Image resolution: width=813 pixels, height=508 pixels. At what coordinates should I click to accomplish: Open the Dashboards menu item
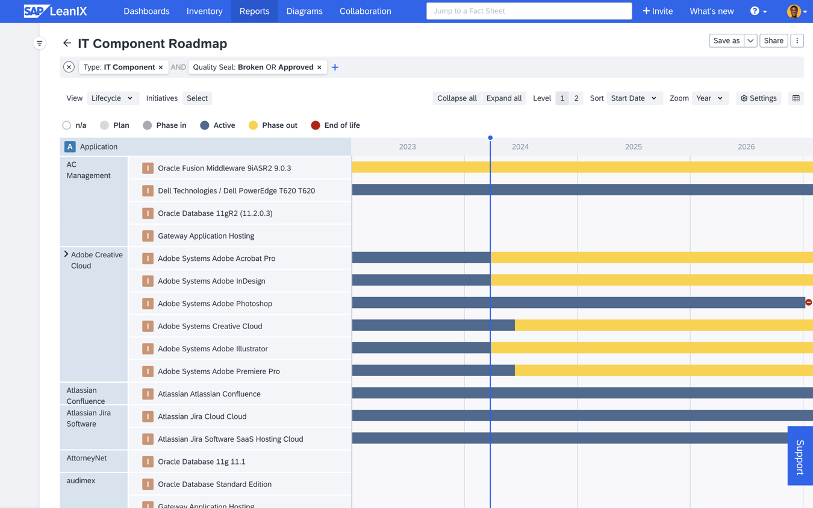point(146,11)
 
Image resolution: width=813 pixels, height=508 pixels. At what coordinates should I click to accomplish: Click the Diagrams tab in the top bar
point(304,11)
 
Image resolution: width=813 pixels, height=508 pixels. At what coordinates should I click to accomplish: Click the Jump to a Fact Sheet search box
point(529,11)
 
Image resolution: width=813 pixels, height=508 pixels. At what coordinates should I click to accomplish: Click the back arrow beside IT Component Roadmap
point(67,43)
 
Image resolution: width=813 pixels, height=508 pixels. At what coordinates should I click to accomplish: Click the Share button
point(773,40)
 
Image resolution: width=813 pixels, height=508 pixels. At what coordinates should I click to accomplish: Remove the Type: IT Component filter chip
point(161,67)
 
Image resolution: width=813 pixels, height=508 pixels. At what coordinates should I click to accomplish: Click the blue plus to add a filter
point(335,67)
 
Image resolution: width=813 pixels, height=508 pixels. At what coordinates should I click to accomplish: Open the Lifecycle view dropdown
point(113,98)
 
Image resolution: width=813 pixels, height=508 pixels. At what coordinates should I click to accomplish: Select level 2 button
point(576,98)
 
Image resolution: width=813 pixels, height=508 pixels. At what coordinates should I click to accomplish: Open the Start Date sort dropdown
point(633,98)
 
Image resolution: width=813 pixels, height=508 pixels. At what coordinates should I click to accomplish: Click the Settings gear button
point(759,98)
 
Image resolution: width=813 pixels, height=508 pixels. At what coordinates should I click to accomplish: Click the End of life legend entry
point(335,125)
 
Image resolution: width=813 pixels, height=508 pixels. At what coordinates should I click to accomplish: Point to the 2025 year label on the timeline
point(633,146)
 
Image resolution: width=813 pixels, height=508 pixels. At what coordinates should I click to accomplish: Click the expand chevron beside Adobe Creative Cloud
point(66,254)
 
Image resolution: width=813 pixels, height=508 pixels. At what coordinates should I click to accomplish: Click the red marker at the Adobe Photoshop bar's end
point(808,302)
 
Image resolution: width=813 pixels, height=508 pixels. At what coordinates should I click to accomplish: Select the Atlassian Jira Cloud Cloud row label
point(202,416)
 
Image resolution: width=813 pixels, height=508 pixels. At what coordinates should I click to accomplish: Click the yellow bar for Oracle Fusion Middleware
point(582,167)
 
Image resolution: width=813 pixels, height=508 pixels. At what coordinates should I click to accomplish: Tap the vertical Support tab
point(800,456)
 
